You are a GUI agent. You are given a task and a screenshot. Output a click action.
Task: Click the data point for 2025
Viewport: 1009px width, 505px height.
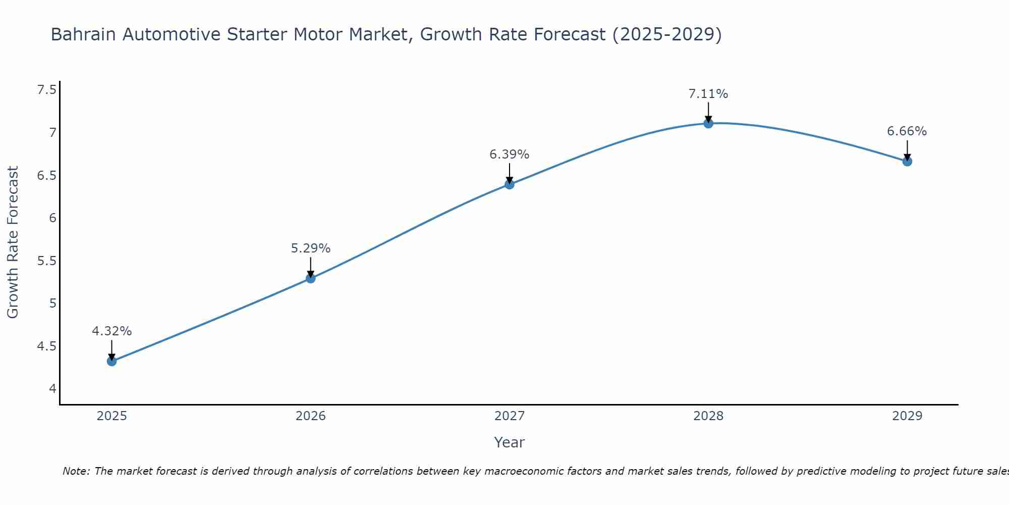pyautogui.click(x=112, y=361)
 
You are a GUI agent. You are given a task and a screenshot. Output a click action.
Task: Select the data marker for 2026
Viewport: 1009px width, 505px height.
pyautogui.click(x=311, y=278)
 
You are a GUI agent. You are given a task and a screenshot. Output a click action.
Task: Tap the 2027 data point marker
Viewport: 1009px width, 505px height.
pyautogui.click(x=510, y=184)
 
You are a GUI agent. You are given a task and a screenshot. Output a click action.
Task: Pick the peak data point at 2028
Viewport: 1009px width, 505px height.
pyautogui.click(x=708, y=123)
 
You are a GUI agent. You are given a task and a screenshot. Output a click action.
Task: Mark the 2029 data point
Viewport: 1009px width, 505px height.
pyautogui.click(x=907, y=162)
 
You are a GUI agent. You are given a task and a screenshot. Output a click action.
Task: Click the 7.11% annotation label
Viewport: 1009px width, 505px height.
pyautogui.click(x=708, y=94)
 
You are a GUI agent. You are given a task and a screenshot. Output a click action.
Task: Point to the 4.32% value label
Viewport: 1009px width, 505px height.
pyautogui.click(x=112, y=331)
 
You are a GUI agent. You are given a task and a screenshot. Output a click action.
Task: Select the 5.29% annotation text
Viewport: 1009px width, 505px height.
pyautogui.click(x=311, y=248)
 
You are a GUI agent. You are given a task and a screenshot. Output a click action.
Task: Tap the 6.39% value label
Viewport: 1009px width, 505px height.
pyautogui.click(x=510, y=155)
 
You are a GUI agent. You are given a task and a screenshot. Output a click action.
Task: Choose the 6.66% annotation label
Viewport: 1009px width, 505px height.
pyautogui.click(x=907, y=131)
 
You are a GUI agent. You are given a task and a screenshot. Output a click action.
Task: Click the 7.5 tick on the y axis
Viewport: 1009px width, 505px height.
pyautogui.click(x=46, y=90)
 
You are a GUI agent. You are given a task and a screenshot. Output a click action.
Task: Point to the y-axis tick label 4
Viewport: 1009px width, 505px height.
pyautogui.click(x=52, y=389)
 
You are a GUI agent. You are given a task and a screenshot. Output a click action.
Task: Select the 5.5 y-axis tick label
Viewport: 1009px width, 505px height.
pyautogui.click(x=46, y=261)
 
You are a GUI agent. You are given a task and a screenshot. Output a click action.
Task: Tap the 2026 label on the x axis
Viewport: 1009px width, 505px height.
pyautogui.click(x=311, y=416)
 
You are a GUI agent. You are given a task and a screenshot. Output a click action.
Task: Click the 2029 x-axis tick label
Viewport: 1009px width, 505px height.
pyautogui.click(x=907, y=416)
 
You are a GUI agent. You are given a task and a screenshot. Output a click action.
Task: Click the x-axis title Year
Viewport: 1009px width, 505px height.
pyautogui.click(x=510, y=442)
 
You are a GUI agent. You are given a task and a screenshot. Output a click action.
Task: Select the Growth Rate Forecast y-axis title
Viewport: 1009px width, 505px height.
pyautogui.click(x=13, y=242)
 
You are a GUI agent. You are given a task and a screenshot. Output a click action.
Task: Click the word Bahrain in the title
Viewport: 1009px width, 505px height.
pyautogui.click(x=83, y=34)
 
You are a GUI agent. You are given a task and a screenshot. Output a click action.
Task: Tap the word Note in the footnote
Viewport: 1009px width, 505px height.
pyautogui.click(x=76, y=471)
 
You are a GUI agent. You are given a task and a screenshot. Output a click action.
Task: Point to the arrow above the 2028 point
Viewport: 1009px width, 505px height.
pyautogui.click(x=708, y=112)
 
